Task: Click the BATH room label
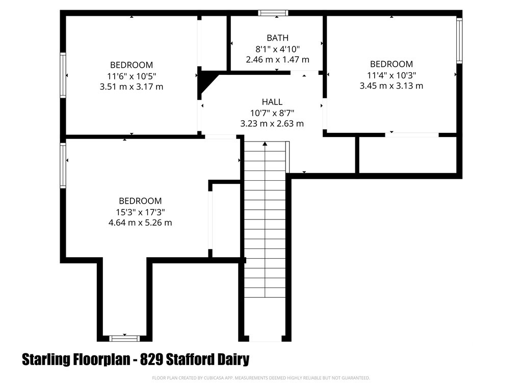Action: click(277, 38)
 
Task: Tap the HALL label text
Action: click(272, 102)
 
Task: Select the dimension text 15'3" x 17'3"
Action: click(140, 212)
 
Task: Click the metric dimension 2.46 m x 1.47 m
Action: click(277, 60)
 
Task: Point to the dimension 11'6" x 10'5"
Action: click(132, 76)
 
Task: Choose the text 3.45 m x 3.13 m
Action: click(391, 86)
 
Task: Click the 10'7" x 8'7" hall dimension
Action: click(272, 113)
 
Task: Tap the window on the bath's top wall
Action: click(273, 13)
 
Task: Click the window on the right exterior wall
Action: click(459, 41)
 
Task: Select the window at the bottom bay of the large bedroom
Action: click(124, 339)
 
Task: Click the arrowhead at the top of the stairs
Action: click(265, 144)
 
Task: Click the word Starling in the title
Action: click(45, 360)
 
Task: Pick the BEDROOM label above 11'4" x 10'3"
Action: click(391, 64)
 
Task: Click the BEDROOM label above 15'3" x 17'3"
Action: click(140, 201)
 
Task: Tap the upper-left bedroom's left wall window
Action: click(63, 75)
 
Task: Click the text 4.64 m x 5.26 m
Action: click(140, 223)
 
